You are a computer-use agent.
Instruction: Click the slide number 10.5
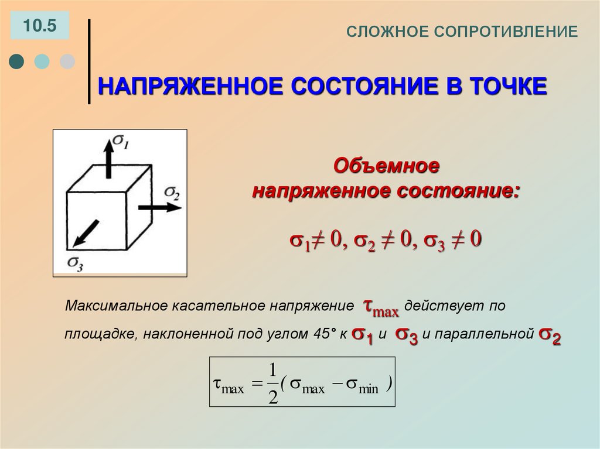[x=39, y=26]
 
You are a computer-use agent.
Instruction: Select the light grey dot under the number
[x=67, y=61]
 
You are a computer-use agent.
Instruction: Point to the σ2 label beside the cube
[x=172, y=191]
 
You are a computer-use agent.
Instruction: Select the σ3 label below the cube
[x=74, y=263]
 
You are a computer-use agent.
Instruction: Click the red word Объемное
[x=386, y=166]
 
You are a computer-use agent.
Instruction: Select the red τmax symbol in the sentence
[x=381, y=306]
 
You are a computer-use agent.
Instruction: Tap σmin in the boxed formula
[x=362, y=387]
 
